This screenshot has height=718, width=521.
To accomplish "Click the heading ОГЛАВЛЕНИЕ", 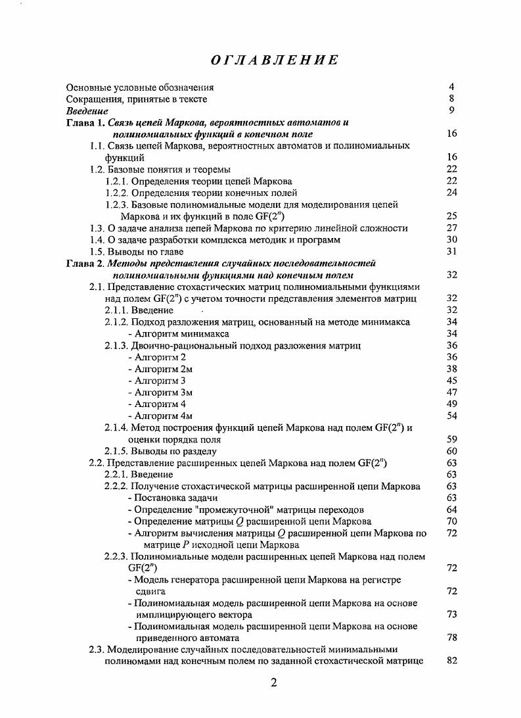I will (x=275, y=60).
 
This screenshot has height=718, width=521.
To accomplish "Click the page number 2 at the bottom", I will (x=273, y=682).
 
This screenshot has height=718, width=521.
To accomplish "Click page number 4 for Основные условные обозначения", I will (x=451, y=87).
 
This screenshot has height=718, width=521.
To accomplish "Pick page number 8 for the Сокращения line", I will (x=451, y=99).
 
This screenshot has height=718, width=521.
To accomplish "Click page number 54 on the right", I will (x=451, y=416).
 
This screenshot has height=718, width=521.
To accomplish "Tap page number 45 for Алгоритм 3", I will (x=451, y=381).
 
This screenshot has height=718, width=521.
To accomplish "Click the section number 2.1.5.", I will (x=116, y=452).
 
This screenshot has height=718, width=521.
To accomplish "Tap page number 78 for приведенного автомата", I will (x=451, y=638).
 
